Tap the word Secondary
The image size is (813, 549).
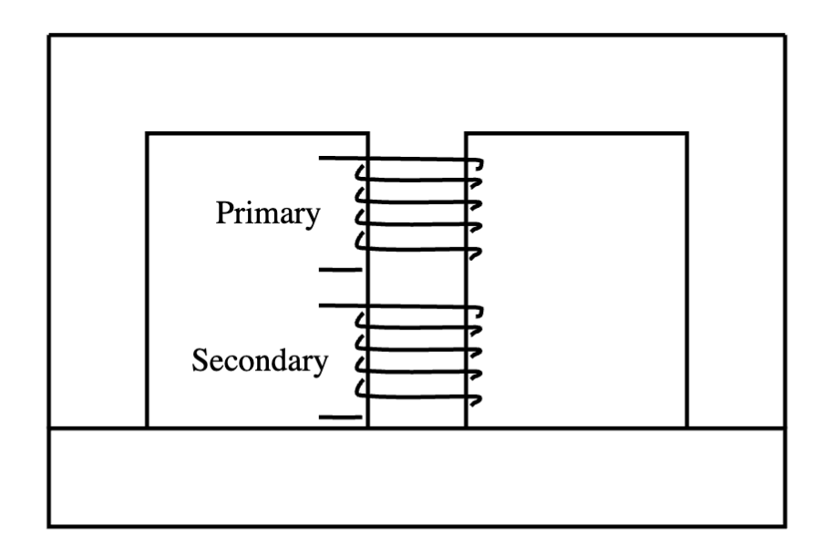pyautogui.click(x=259, y=361)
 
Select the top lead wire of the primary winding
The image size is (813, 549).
pyautogui.click(x=337, y=160)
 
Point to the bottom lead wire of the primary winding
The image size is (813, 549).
pyautogui.click(x=340, y=270)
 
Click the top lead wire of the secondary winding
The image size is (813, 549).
pyautogui.click(x=337, y=306)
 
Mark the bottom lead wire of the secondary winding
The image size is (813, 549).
pyautogui.click(x=340, y=417)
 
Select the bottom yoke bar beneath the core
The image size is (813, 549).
pyautogui.click(x=417, y=476)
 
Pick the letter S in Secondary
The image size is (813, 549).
pyautogui.click(x=198, y=361)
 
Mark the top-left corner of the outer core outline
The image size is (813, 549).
pyautogui.click(x=49, y=36)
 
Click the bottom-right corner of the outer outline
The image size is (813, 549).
pyautogui.click(x=785, y=525)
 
